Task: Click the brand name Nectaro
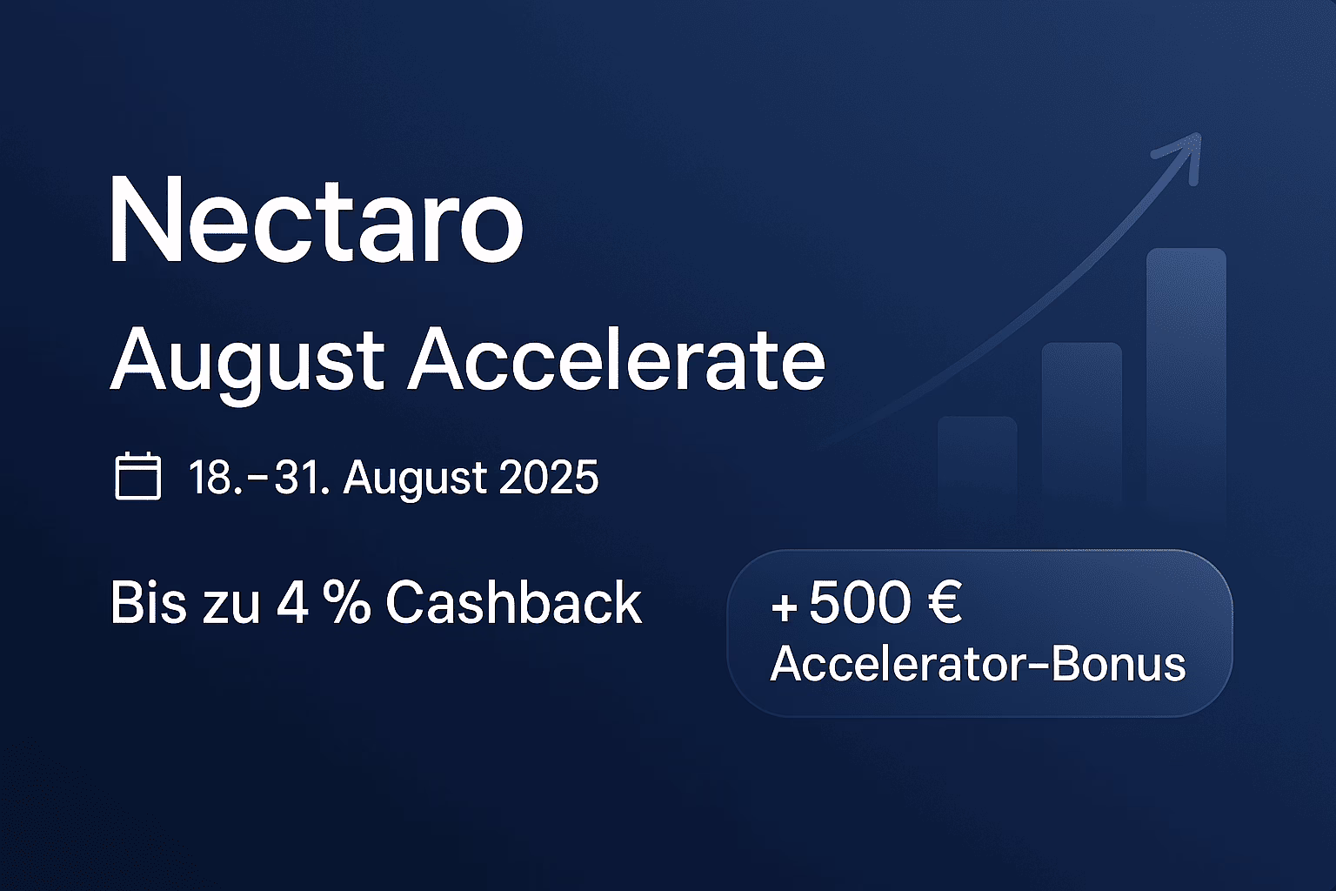pos(316,219)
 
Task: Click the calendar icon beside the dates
pos(137,476)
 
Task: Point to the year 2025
pos(548,478)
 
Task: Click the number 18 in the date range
pos(210,478)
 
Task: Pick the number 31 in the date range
pos(296,478)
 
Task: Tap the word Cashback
pos(513,602)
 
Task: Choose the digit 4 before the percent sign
pos(293,603)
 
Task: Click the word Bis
pos(148,602)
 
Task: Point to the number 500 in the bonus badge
pos(859,603)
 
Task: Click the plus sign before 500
pos(785,607)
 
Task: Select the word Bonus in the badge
pos(1119,664)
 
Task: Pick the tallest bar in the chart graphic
pos(1186,382)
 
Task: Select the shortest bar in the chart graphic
pos(978,466)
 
